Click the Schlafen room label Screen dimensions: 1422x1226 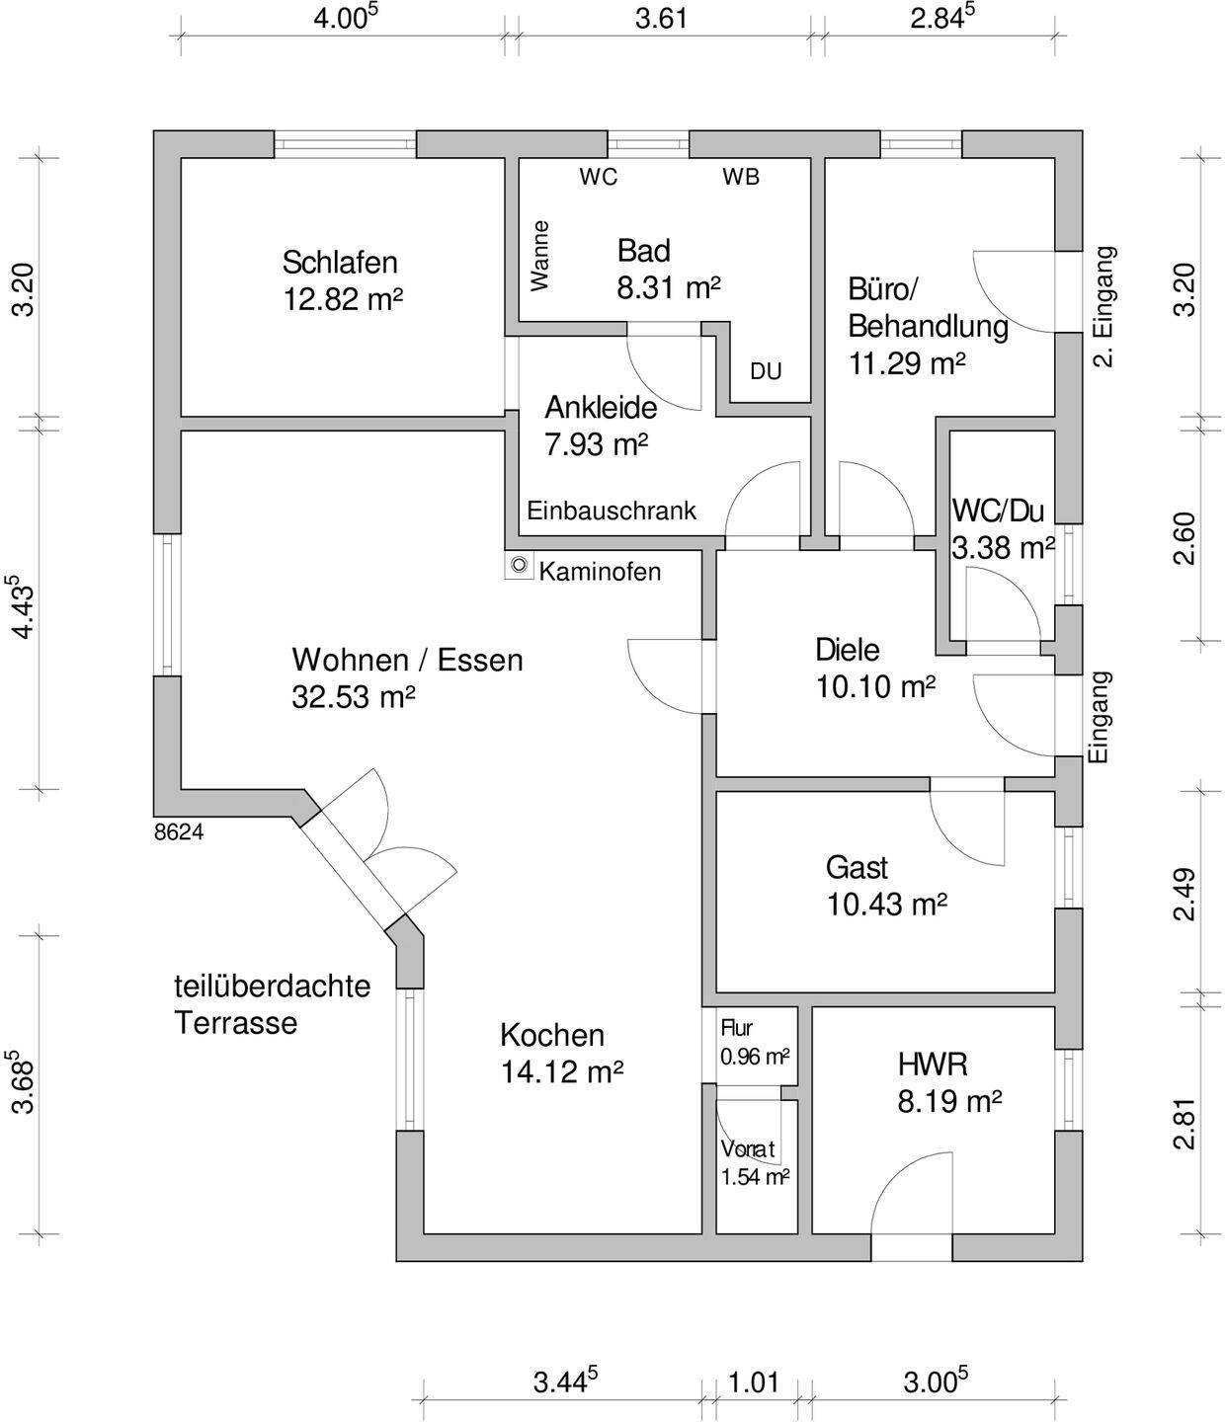340,263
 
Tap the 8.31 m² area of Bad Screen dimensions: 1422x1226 669,288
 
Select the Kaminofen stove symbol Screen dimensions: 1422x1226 519,567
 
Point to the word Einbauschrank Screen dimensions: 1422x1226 612,511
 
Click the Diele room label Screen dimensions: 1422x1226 847,650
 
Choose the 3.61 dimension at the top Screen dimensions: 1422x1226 660,19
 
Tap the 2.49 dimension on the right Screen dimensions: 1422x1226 1185,894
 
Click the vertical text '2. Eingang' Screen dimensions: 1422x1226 1104,306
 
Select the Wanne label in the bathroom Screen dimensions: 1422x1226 539,255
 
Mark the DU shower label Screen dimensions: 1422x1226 766,371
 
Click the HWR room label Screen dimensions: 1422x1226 932,1065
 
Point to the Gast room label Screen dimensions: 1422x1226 857,868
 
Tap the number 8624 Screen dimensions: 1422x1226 179,832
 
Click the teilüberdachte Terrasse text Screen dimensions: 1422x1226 272,1003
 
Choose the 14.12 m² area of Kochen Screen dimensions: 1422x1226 561,1071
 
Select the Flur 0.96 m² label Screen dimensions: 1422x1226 754,1043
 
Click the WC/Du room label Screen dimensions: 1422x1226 998,511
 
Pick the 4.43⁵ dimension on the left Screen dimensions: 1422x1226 22,605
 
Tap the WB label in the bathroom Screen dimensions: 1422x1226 741,177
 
